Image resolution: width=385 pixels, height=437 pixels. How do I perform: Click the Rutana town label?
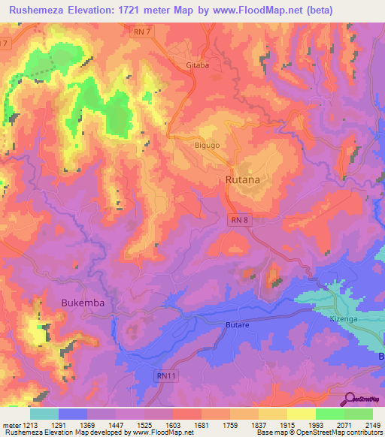243,180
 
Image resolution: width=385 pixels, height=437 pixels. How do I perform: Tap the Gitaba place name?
197,65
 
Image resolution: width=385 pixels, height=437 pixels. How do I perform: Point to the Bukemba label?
81,302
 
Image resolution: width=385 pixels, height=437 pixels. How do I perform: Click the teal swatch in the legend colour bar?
44,414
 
